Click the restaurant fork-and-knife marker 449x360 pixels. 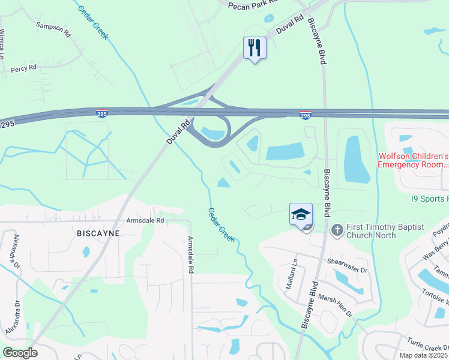point(255,47)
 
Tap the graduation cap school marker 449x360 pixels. point(301,214)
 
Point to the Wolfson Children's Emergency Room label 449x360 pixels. point(413,159)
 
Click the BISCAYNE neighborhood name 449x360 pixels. point(98,232)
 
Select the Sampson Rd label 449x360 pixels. point(53,29)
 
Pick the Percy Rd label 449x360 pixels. point(23,70)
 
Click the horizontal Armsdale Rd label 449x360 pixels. point(145,221)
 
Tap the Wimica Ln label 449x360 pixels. point(3,43)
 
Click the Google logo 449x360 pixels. point(20,353)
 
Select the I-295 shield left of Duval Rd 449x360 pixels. point(103,113)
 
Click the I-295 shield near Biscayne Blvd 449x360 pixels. point(306,115)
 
